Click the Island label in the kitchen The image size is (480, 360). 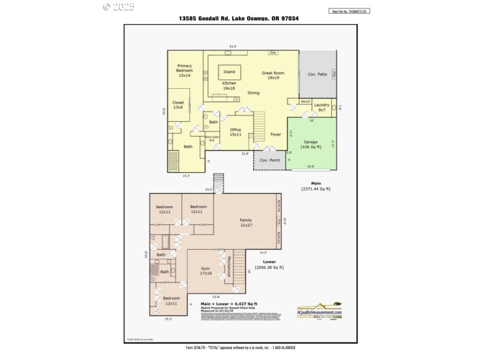[229, 72]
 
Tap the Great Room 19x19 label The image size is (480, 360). [273, 75]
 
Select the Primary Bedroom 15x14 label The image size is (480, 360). [184, 70]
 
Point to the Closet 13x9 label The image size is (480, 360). [178, 105]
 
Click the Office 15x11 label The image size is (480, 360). [235, 131]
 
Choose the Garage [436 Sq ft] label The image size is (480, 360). [310, 144]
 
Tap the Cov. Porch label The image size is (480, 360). [269, 160]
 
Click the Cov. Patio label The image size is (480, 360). [317, 74]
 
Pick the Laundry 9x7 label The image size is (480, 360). [322, 107]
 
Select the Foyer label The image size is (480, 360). [275, 134]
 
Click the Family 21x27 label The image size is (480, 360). [245, 223]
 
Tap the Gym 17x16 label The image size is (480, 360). [206, 271]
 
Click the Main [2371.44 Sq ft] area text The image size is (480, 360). [316, 186]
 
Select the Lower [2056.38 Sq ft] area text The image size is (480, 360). [269, 265]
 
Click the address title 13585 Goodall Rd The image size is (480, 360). [239, 19]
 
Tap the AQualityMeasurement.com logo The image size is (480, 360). [320, 311]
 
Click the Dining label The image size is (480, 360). [254, 93]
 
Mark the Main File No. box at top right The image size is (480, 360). [350, 11]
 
